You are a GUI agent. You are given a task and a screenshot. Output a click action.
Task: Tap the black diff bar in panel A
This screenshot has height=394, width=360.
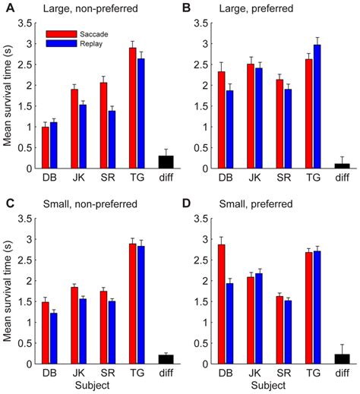point(164,162)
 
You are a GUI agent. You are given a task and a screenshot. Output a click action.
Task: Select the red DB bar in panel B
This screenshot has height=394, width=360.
point(221,120)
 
